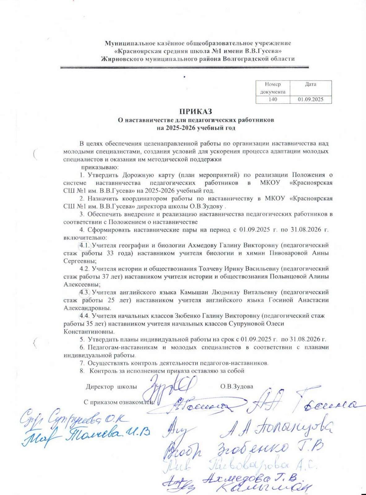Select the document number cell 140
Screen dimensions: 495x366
pyautogui.click(x=273, y=100)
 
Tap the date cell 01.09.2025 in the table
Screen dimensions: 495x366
pyautogui.click(x=310, y=100)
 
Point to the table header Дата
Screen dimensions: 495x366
pyautogui.click(x=310, y=84)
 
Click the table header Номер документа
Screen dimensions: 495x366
pyautogui.click(x=273, y=88)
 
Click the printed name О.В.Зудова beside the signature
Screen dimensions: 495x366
pyautogui.click(x=237, y=386)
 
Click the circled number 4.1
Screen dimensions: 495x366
pyautogui.click(x=84, y=246)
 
